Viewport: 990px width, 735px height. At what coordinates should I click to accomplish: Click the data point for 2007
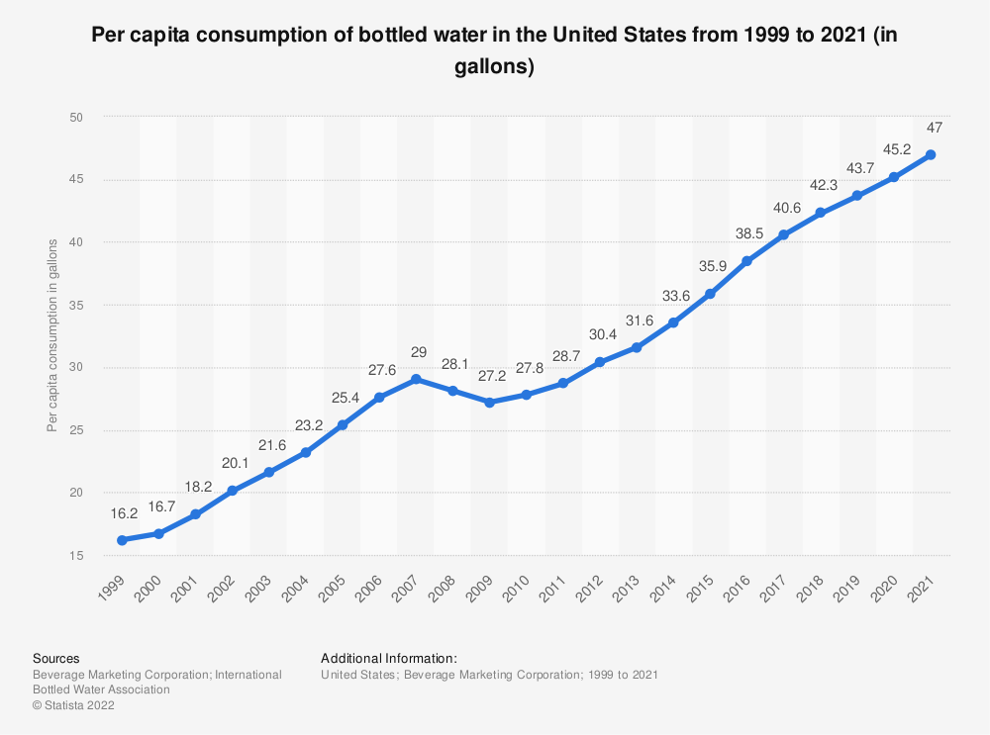416,379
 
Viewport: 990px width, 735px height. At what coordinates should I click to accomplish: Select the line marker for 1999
122,540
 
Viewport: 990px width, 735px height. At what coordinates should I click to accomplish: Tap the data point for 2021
931,155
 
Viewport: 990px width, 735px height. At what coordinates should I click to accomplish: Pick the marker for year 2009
489,403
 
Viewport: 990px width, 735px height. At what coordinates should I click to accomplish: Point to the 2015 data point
710,294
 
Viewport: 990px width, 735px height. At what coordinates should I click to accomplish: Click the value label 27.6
378,370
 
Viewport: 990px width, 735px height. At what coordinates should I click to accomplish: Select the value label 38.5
746,234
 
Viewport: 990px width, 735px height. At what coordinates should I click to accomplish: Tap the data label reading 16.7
158,506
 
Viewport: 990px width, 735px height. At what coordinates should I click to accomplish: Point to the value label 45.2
894,150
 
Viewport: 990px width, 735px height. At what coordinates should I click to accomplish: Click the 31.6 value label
637,321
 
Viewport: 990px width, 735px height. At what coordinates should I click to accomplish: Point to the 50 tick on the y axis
76,118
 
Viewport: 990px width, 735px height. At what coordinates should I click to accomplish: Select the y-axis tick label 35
76,306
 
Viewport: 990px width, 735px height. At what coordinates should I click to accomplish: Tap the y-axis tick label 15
76,556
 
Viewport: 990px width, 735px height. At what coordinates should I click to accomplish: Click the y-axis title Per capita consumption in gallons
51,336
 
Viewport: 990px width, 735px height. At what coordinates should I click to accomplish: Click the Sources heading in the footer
56,658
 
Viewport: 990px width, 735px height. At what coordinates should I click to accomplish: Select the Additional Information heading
389,658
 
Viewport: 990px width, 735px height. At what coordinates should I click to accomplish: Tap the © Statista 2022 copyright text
73,705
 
